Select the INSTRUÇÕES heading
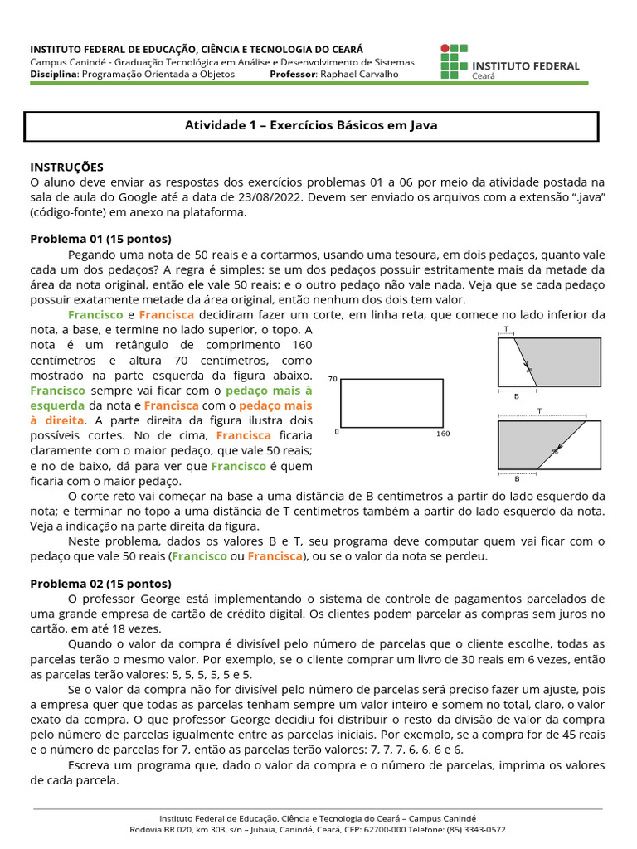pos(67,167)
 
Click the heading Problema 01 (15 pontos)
pos(100,239)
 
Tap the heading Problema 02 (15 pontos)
pos(100,583)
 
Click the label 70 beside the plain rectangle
pos(333,379)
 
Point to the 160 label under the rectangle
pos(443,433)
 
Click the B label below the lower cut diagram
pos(517,478)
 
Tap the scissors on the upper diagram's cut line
pos(528,367)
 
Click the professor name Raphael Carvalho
pos(359,74)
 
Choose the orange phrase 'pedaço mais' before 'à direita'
pos(276,405)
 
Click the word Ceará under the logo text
pos(484,75)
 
